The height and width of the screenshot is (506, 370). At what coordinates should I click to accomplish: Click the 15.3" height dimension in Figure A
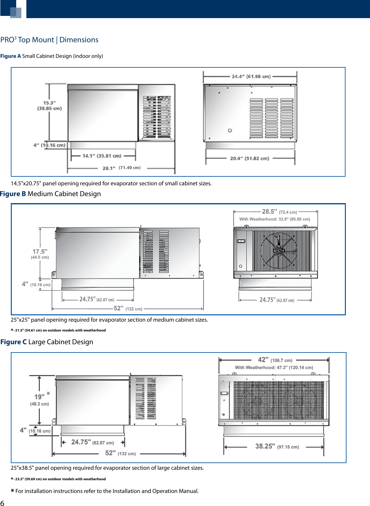point(49,106)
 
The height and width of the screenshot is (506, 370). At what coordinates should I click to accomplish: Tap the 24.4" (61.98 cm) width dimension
point(251,76)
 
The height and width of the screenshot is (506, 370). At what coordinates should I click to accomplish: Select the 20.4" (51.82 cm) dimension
point(250,158)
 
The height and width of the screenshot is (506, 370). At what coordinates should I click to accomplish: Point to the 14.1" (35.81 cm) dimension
point(102,156)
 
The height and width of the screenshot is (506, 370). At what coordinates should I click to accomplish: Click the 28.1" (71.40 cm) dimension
point(121,168)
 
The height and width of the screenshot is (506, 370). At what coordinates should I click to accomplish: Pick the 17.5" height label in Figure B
point(40,254)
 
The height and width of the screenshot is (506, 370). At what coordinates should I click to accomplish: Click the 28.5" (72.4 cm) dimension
point(279,212)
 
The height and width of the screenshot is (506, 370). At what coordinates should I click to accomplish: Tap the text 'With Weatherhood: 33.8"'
point(274,219)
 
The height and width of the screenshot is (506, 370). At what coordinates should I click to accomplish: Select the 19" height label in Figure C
point(39,400)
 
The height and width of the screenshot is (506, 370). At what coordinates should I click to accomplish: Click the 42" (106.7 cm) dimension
point(275,360)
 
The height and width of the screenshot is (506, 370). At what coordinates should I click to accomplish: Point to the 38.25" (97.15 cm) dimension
point(277,446)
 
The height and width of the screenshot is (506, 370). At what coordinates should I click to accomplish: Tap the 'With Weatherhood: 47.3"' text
point(274,367)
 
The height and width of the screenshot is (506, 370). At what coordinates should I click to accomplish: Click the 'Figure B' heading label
point(13,194)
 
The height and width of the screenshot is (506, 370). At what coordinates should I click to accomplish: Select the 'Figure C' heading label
point(14,342)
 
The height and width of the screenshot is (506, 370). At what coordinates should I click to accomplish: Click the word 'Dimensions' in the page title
point(79,40)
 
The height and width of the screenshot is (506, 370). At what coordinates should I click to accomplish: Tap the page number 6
point(3,503)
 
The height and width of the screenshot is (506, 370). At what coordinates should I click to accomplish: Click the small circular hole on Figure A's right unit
point(230,130)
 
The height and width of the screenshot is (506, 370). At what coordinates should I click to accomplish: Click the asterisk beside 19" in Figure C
point(48,393)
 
